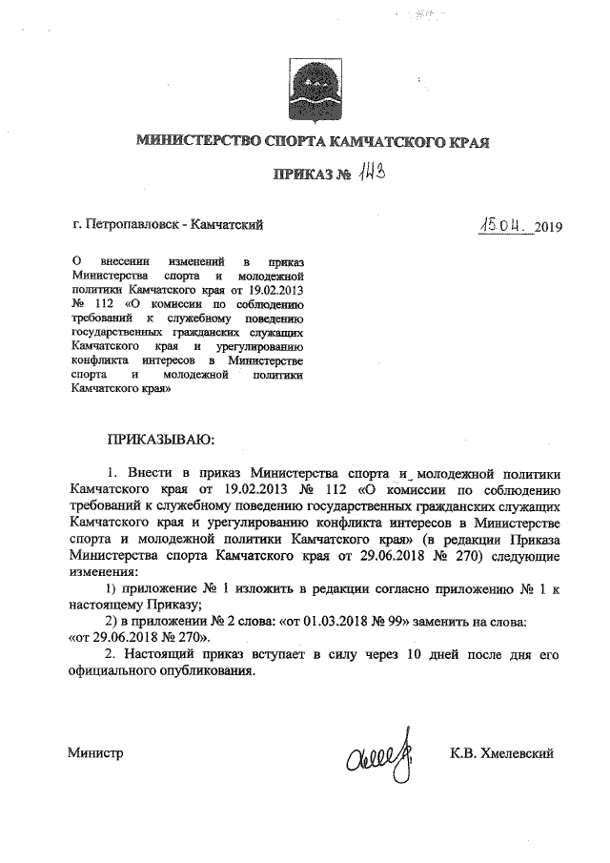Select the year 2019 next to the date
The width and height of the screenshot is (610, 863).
pyautogui.click(x=549, y=227)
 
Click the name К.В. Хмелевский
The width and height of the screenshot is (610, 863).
pyautogui.click(x=502, y=753)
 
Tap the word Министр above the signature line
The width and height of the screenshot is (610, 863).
pyautogui.click(x=96, y=753)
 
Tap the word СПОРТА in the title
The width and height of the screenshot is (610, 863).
pyautogui.click(x=293, y=143)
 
